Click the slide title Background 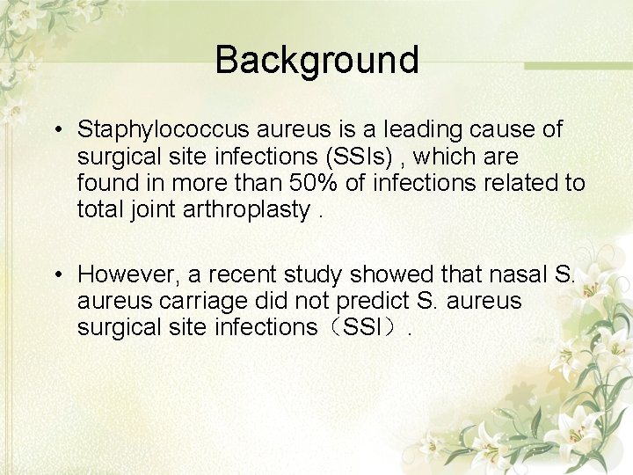316,60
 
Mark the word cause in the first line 510,130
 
